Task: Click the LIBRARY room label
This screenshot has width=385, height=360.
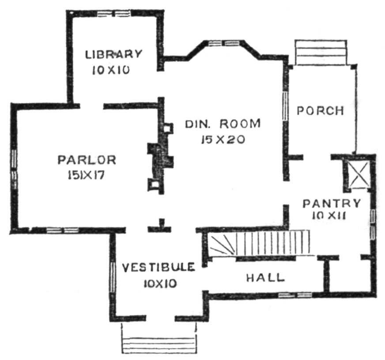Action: point(113,54)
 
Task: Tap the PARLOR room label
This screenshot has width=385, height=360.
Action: point(87,160)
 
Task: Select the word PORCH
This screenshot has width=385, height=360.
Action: point(321,111)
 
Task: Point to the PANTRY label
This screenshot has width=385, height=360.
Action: point(332,204)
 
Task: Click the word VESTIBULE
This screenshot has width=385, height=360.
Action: point(159,267)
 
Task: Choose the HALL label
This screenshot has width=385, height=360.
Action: point(265,278)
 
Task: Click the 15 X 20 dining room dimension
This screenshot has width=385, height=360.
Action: point(223,140)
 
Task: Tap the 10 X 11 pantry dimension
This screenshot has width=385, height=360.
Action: point(329,216)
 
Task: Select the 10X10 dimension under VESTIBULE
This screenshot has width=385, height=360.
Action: point(160,284)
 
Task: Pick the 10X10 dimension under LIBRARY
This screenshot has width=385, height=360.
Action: point(111,71)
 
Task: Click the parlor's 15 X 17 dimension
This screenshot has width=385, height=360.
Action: point(86,175)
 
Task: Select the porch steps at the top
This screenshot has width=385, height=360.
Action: point(321,52)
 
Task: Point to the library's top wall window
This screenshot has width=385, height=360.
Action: point(113,14)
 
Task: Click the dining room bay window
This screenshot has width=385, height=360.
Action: point(224,43)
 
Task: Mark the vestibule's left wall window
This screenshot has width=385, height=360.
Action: point(113,277)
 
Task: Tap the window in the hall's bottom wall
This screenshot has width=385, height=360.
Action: point(295,295)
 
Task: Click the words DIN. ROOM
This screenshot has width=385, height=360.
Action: point(223,124)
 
